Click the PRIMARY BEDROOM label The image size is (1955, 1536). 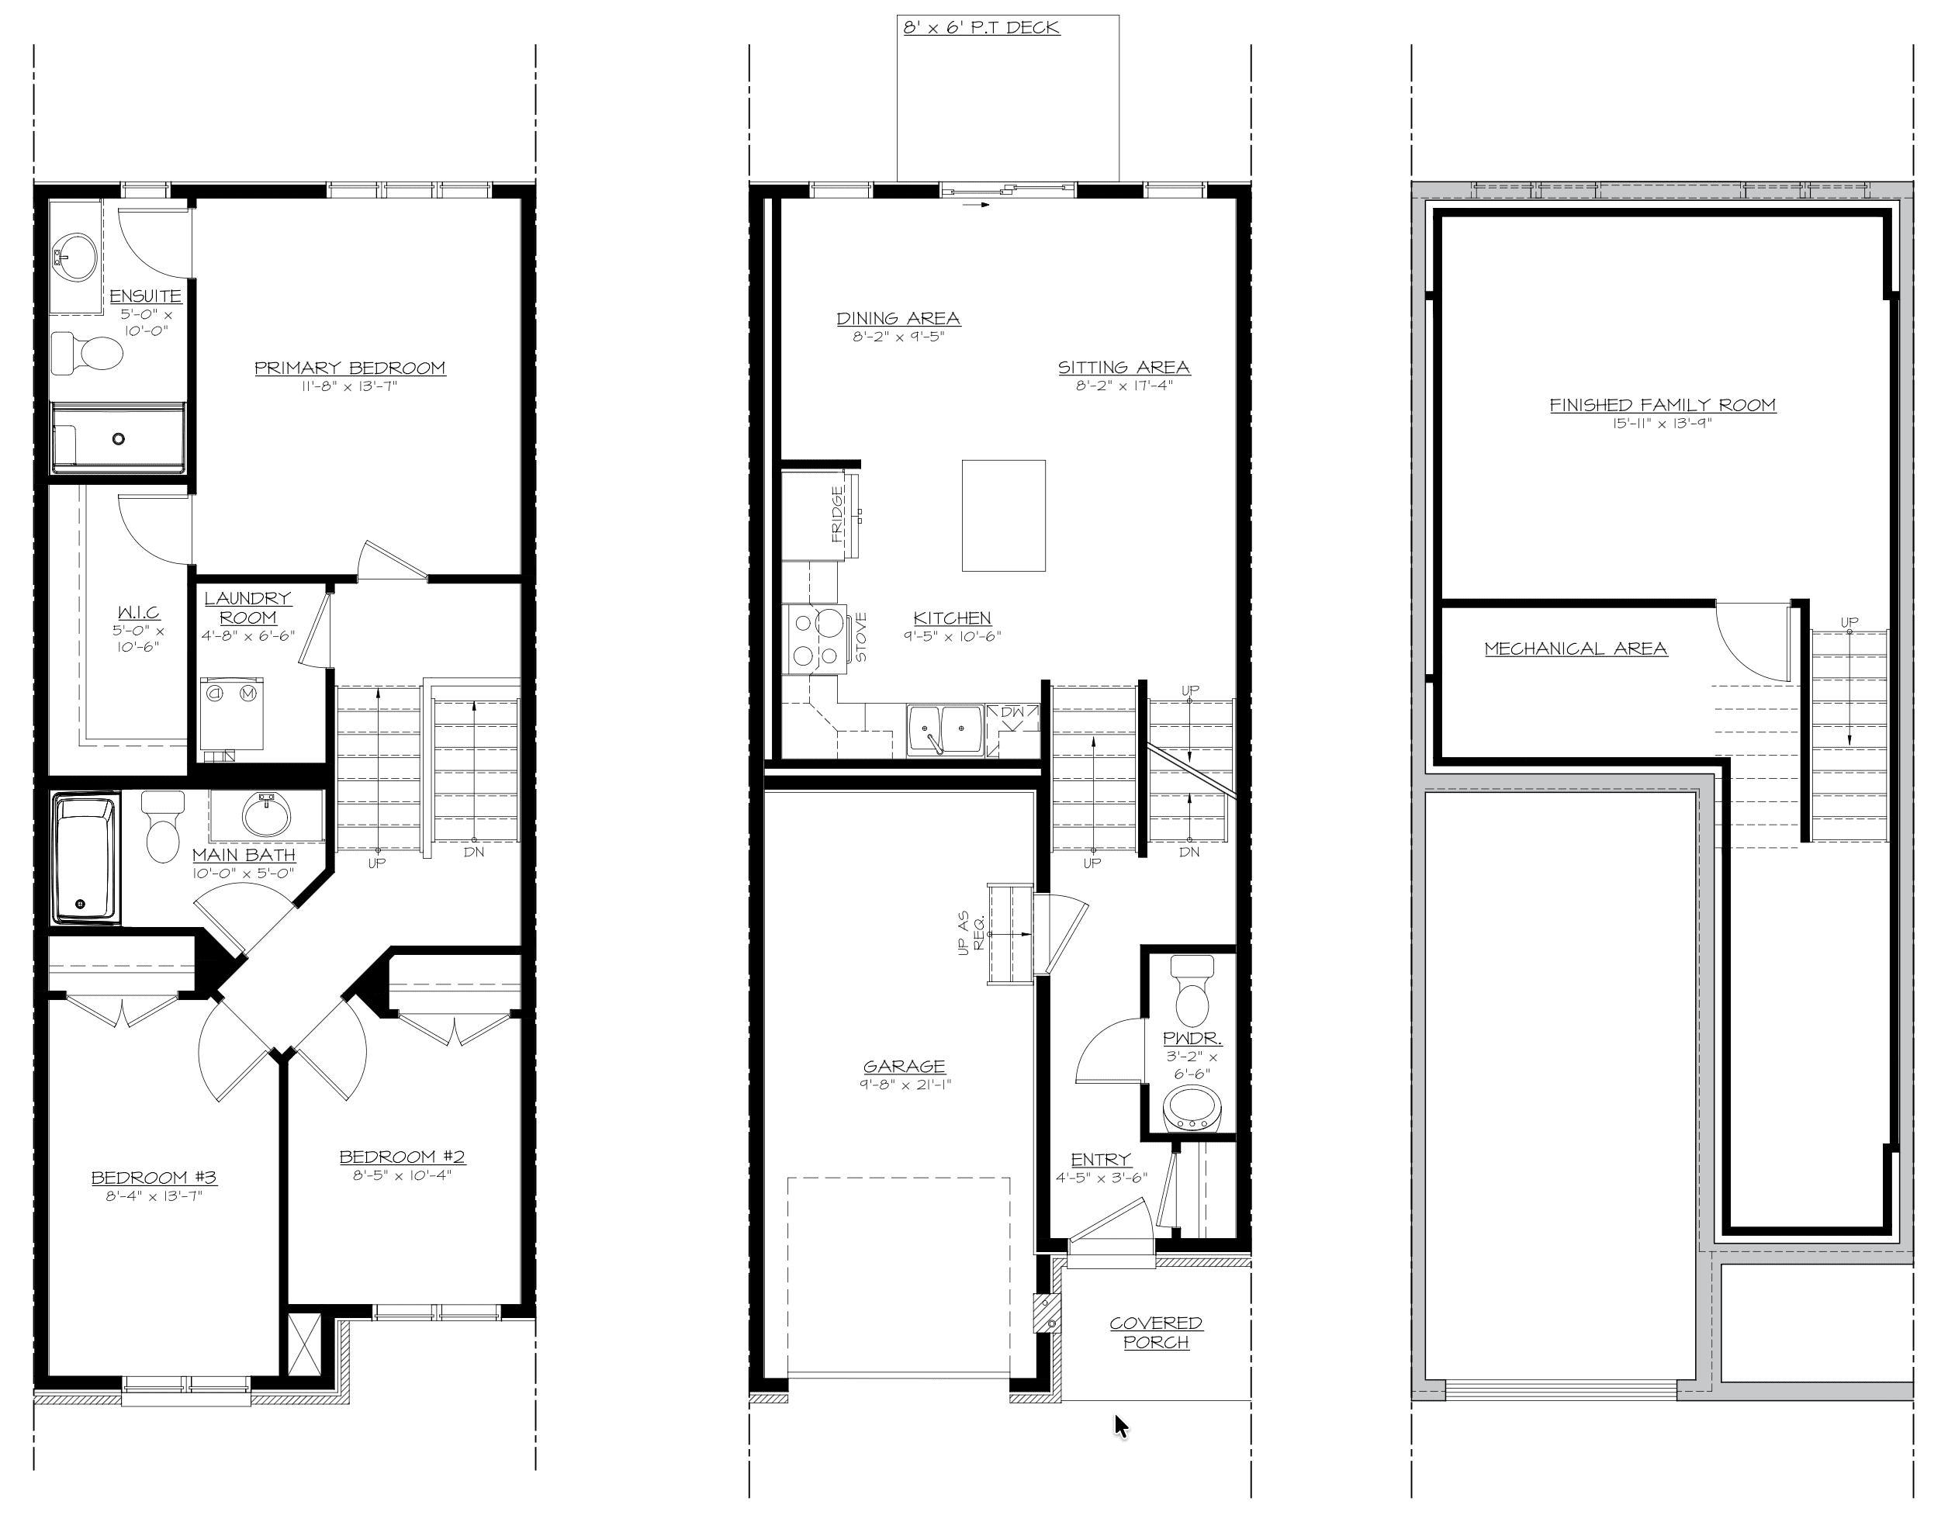coord(350,368)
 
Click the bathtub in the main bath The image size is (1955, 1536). coord(85,857)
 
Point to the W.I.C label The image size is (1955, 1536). coord(140,612)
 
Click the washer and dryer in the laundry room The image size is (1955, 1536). coord(231,713)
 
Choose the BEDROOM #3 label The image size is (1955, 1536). coord(154,1177)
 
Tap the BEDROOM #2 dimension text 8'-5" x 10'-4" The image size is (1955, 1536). coord(401,1174)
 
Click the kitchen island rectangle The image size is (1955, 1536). coord(1004,515)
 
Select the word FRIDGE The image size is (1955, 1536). coord(837,514)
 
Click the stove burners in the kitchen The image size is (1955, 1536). coord(818,638)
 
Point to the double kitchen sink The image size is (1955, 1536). coord(945,729)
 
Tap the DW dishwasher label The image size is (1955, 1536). coord(1012,712)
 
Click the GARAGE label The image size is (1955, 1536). coord(904,1066)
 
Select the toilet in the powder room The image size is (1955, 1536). coord(1192,990)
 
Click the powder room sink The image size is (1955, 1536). coord(1192,1110)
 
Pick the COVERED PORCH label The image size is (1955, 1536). coord(1156,1332)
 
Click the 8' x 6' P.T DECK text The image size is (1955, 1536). coord(981,27)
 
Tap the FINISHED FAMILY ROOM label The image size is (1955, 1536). coord(1663,405)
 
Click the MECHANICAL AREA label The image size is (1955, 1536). coord(1576,648)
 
